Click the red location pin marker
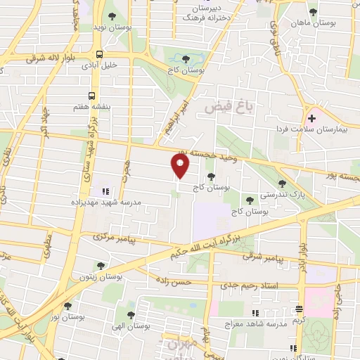(x=181, y=166)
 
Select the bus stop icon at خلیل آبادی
(x=100, y=53)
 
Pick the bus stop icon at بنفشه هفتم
(x=92, y=96)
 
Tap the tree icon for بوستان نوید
(x=113, y=15)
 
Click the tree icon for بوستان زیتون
(x=101, y=266)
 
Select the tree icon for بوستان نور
(x=68, y=306)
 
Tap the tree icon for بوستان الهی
(x=131, y=314)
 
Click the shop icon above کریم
(x=300, y=309)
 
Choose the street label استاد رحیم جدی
(x=250, y=285)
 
